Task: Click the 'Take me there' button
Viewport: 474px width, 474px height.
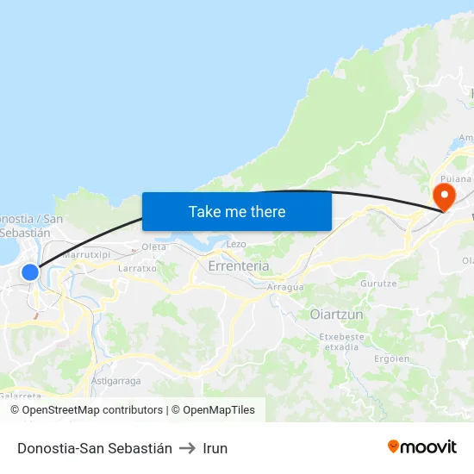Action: point(237,211)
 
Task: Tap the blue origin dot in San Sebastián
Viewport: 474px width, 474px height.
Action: point(30,272)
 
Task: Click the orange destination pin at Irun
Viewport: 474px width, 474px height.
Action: point(445,196)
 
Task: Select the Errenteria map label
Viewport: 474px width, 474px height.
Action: point(239,266)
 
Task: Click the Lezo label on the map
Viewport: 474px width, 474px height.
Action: point(236,245)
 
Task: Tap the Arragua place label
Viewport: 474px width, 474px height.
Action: point(285,287)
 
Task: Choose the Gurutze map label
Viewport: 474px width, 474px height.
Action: point(378,284)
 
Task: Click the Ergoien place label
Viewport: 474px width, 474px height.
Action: point(392,359)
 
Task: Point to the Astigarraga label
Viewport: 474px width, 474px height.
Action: point(115,380)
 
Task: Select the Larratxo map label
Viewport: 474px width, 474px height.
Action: point(137,268)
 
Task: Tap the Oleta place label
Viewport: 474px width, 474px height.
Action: point(154,247)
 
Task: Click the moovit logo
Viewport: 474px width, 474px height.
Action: point(422,446)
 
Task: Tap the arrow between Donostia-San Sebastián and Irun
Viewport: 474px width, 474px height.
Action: point(187,448)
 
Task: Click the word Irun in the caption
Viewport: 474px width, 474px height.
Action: point(215,448)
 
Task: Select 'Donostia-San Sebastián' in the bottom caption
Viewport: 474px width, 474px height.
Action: point(95,448)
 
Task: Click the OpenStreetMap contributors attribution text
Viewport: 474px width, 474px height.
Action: point(92,410)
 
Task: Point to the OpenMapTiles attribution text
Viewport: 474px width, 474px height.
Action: point(218,410)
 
